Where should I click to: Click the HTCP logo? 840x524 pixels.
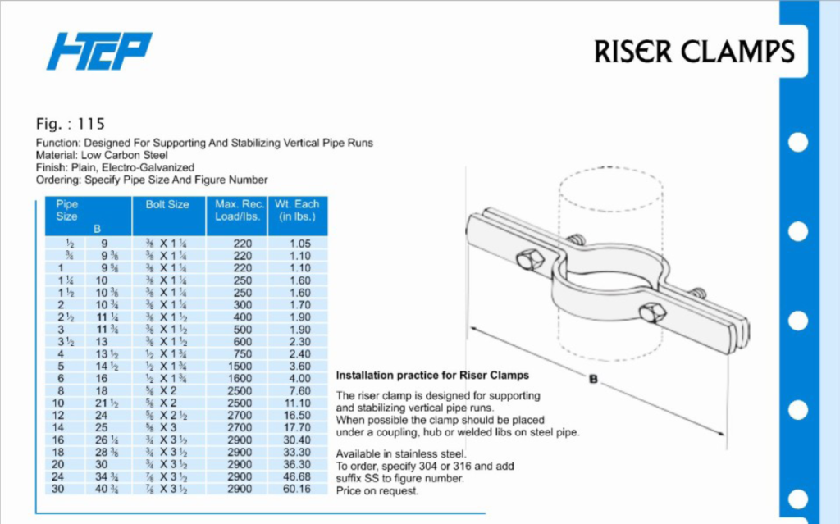coord(99,50)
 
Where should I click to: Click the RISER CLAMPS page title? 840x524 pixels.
coord(694,52)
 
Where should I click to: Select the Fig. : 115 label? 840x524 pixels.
coord(71,125)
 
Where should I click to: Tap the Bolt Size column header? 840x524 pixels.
coord(167,204)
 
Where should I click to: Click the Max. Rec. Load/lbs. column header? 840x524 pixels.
coord(237,210)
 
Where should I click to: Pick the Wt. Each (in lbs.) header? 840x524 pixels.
coord(298,210)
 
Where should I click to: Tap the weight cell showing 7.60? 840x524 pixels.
coord(299,392)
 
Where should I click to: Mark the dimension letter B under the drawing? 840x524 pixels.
coord(592,379)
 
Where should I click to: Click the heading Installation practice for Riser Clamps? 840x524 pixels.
coord(432,376)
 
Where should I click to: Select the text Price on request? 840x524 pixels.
coord(377,490)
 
